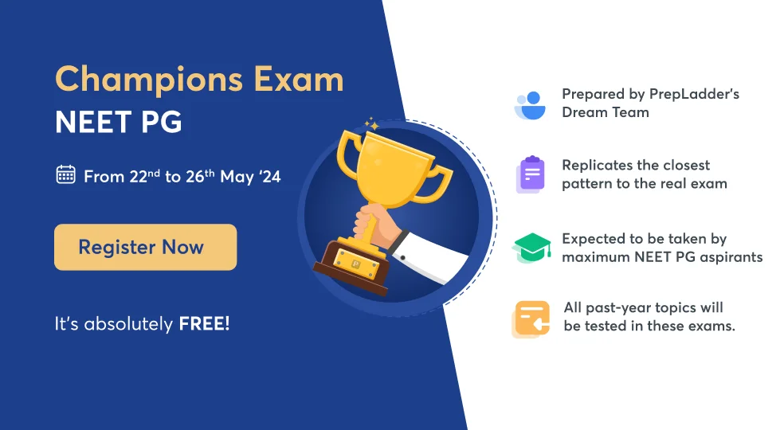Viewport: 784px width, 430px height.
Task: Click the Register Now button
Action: pyautogui.click(x=145, y=247)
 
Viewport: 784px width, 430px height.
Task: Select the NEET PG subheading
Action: pyautogui.click(x=118, y=122)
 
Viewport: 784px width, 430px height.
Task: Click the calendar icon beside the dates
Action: pyautogui.click(x=65, y=175)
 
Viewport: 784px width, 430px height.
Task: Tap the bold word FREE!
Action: pyautogui.click(x=204, y=324)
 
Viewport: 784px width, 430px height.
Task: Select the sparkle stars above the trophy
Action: pyautogui.click(x=370, y=124)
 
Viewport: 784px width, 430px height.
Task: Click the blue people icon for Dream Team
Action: pyautogui.click(x=530, y=104)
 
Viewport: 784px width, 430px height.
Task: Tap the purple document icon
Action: pyautogui.click(x=531, y=174)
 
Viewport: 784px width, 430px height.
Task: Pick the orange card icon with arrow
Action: pyautogui.click(x=531, y=319)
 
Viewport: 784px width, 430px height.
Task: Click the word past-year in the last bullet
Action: pyautogui.click(x=611, y=307)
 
